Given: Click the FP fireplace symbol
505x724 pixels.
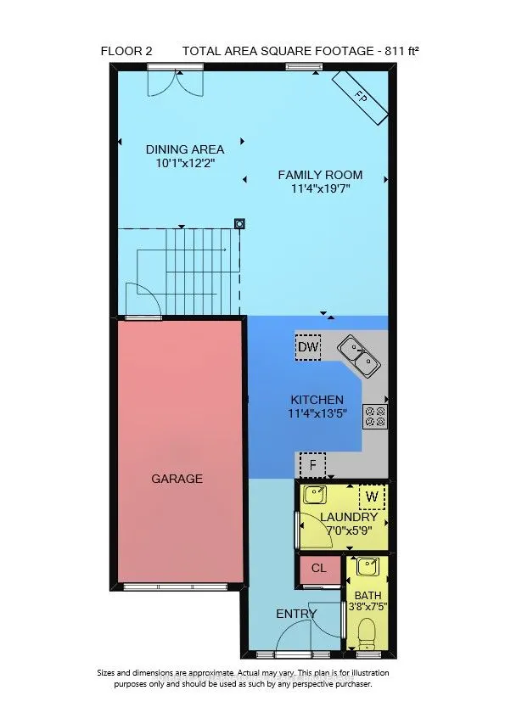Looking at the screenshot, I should pos(362,95).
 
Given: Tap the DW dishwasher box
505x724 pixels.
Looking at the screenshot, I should pos(307,347).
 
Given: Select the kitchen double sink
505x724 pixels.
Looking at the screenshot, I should pos(359,355).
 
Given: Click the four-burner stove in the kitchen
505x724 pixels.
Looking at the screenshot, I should pos(374,415).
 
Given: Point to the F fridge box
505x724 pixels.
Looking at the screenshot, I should pos(313,465).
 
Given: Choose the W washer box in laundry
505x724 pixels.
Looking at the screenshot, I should pos(371,496).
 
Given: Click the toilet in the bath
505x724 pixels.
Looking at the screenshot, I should pos(368,633).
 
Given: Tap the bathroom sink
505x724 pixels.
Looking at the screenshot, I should pos(368,566).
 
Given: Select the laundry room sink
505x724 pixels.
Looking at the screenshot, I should pos(317,495).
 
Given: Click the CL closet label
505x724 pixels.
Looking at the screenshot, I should pos(319,569).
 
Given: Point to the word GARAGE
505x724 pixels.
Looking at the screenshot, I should pos(177,479).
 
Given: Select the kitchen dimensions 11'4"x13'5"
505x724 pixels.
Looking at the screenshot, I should pos(317,414).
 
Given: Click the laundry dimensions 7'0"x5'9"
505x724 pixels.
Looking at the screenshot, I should pos(350,530).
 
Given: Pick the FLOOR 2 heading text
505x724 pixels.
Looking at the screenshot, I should pos(126,51).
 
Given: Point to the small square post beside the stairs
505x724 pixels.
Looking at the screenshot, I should pos(240,224).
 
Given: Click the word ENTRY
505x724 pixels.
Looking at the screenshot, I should pos(296,614).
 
